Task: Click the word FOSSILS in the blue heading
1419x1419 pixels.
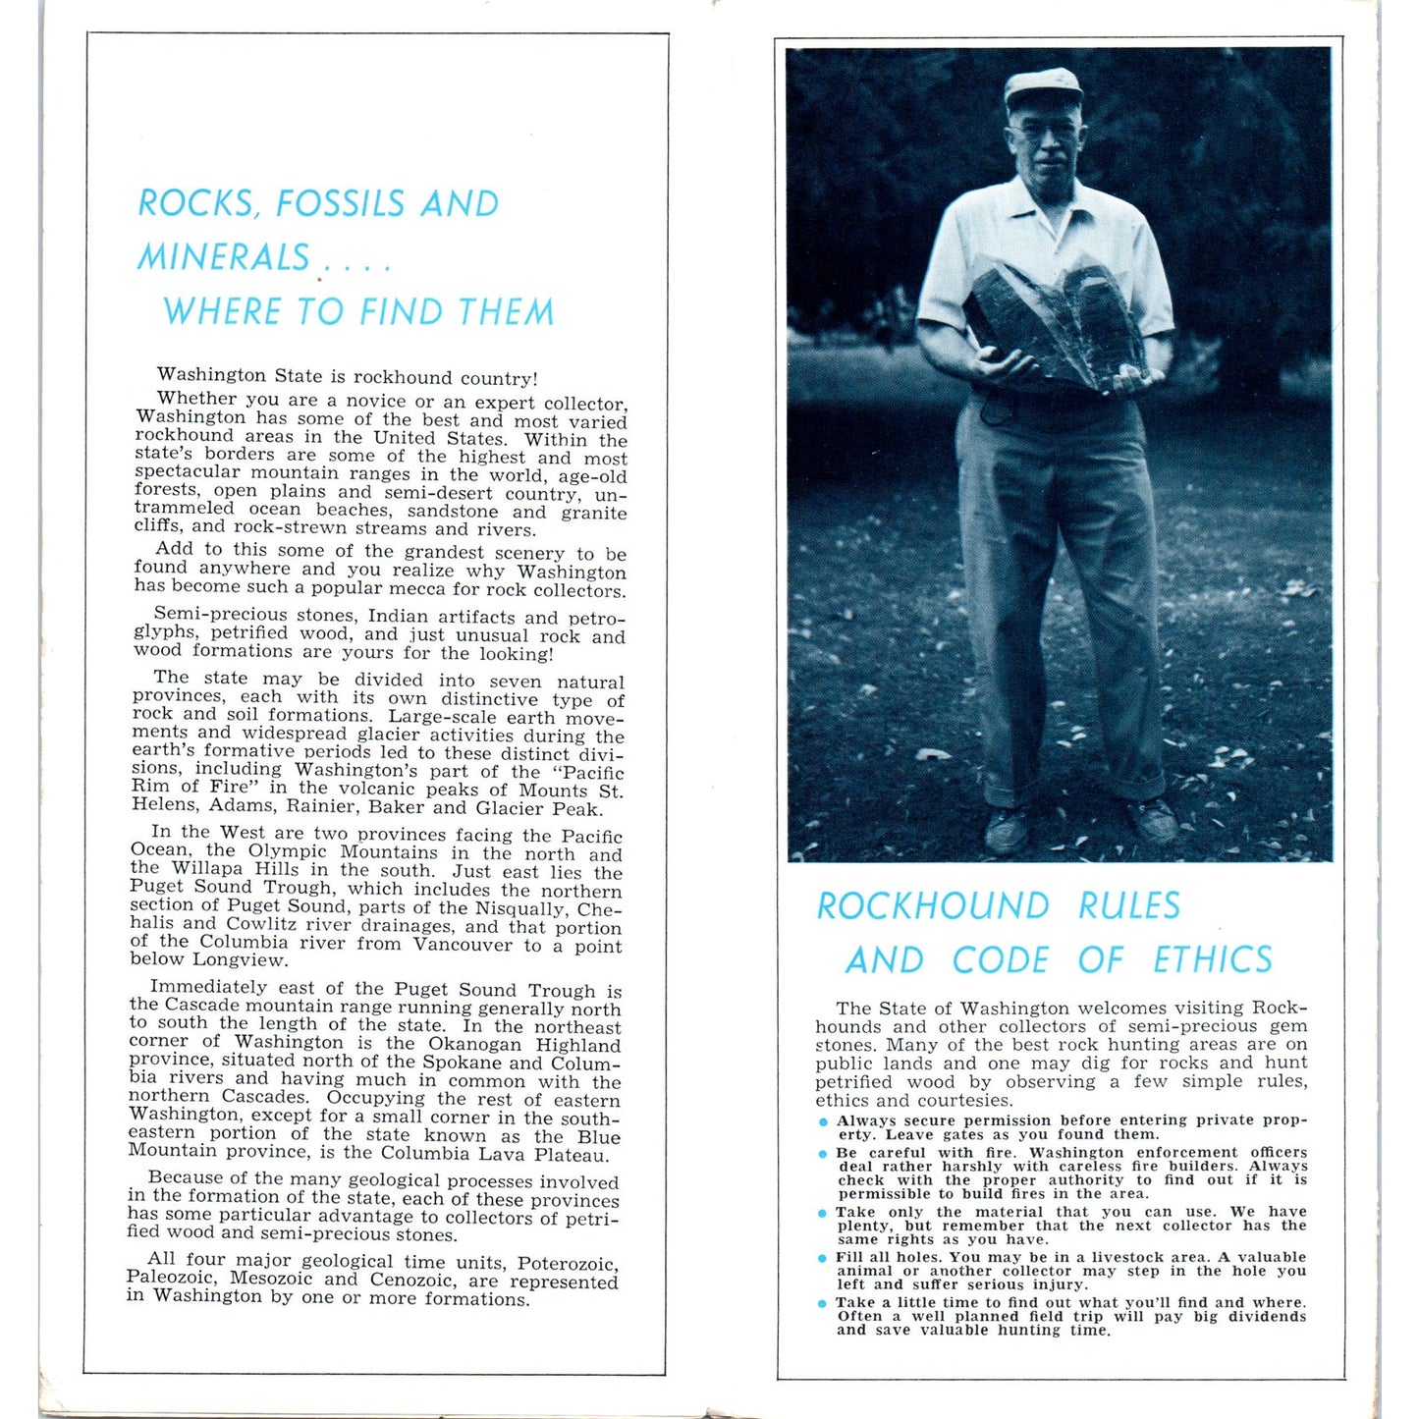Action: [x=340, y=203]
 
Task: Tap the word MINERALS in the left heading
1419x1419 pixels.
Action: [x=224, y=257]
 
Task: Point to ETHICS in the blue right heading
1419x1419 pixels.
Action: [x=1212, y=959]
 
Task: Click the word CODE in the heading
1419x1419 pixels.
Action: [x=1000, y=959]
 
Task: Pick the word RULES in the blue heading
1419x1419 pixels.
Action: [x=1129, y=905]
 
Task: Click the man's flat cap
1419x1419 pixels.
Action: [x=1042, y=86]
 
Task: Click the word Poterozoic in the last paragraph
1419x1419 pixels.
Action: [x=568, y=1264]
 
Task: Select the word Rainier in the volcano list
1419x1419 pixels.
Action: [x=318, y=807]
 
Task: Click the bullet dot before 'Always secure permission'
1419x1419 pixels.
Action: [x=823, y=1122]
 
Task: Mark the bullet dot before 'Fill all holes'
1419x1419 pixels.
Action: [x=823, y=1258]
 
